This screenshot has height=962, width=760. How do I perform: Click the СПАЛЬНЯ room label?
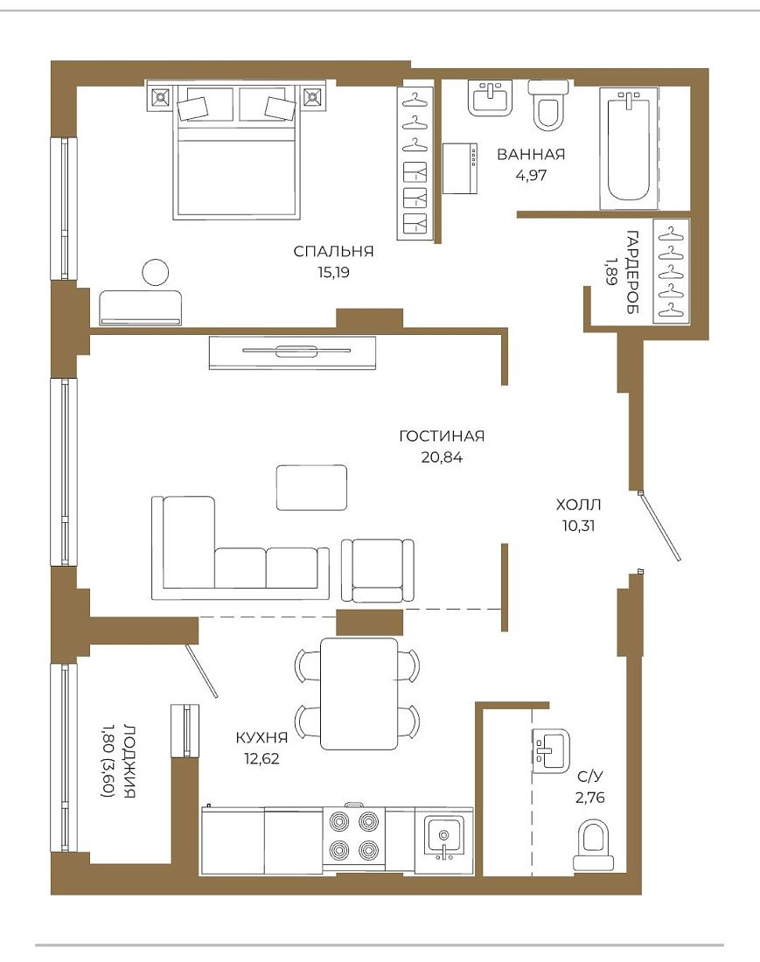click(x=333, y=251)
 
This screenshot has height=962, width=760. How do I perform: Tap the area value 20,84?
click(x=442, y=457)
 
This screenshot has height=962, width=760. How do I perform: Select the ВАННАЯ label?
click(x=531, y=154)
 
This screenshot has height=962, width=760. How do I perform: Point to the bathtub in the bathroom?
click(x=628, y=147)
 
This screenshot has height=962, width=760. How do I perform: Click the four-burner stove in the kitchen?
click(x=352, y=835)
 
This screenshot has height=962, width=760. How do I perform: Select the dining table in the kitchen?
click(x=359, y=694)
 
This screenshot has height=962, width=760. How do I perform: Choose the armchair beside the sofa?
click(x=377, y=570)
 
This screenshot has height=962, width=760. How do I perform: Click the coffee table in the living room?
click(x=311, y=487)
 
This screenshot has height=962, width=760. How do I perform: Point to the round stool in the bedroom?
click(x=155, y=272)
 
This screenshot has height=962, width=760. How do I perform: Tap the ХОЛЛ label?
click(x=578, y=505)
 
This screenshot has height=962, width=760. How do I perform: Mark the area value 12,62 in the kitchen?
click(x=261, y=758)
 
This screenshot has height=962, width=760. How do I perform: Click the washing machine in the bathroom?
click(x=460, y=168)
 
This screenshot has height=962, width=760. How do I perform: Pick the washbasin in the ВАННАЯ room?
click(x=490, y=98)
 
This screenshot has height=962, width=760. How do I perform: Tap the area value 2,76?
click(x=589, y=798)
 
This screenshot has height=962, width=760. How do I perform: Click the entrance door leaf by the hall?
click(x=659, y=526)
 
